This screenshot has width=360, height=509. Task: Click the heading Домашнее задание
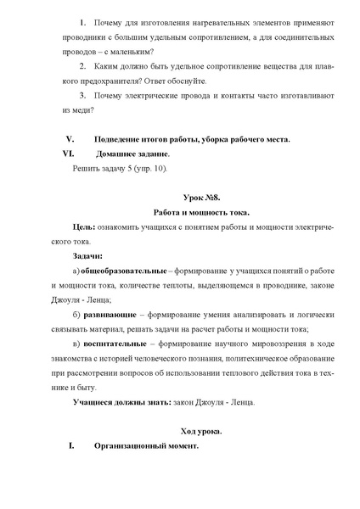tap(133, 154)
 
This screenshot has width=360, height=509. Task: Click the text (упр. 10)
tap(152, 168)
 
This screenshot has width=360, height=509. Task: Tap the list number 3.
tap(82, 95)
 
